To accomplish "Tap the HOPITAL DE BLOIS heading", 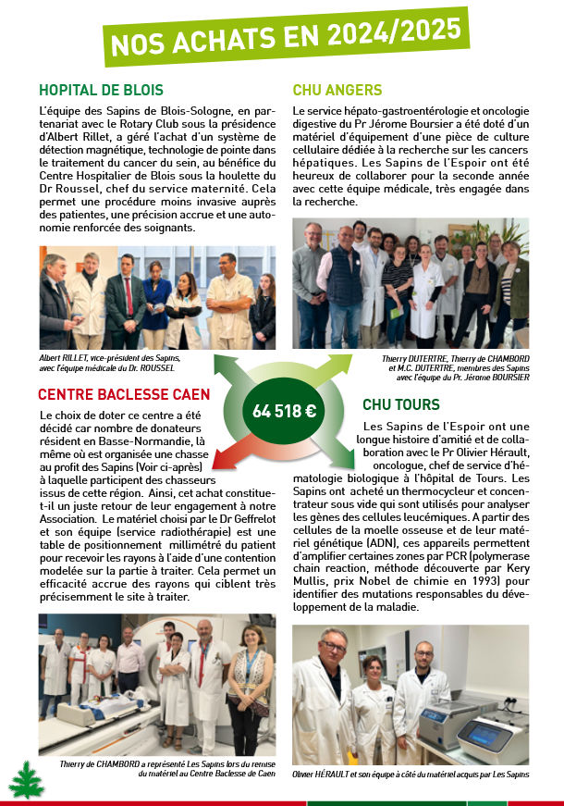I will (101, 91).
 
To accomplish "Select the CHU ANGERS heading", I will (337, 90).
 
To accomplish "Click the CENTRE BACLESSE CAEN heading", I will (124, 394).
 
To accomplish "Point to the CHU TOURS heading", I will (401, 404).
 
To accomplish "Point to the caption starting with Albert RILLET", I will (109, 361).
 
